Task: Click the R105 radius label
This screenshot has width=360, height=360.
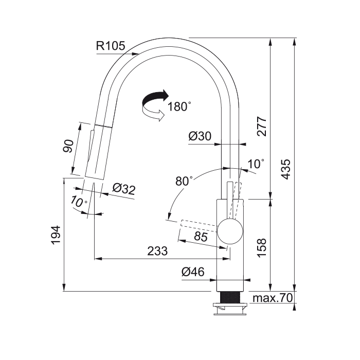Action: pos(111,46)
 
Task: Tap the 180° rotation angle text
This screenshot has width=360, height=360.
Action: pos(179,106)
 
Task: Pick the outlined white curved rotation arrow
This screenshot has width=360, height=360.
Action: pos(153,114)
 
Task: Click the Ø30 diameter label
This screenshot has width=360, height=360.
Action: pos(200,136)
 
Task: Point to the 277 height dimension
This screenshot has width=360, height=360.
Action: pos(262,127)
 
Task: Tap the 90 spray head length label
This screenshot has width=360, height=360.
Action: pos(68,146)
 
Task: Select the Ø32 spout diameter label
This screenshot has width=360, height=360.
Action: pos(124,189)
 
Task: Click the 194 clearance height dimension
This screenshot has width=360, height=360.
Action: pos(56,235)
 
